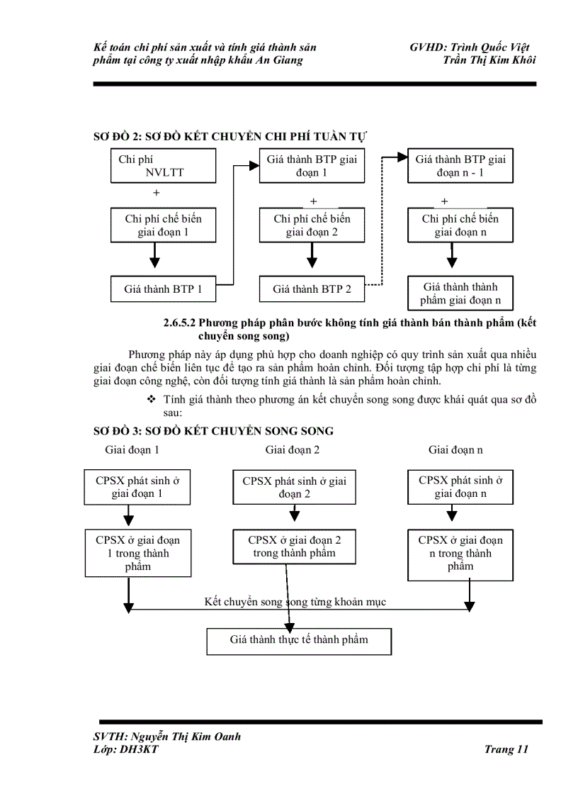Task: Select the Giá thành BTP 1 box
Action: [163, 289]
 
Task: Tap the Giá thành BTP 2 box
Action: [312, 289]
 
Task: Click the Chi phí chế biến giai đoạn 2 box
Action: [312, 225]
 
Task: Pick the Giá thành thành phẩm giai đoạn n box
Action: [460, 293]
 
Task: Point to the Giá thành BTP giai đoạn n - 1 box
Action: [460, 167]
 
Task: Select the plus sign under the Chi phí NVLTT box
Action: [157, 193]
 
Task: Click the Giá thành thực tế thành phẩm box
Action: [298, 640]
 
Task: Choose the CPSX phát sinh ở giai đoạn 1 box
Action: [137, 487]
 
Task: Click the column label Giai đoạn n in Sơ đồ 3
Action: [455, 450]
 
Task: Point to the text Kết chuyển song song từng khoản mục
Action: [295, 602]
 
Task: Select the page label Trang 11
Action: [506, 749]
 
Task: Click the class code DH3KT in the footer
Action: [140, 749]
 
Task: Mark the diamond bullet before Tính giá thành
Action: [150, 400]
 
